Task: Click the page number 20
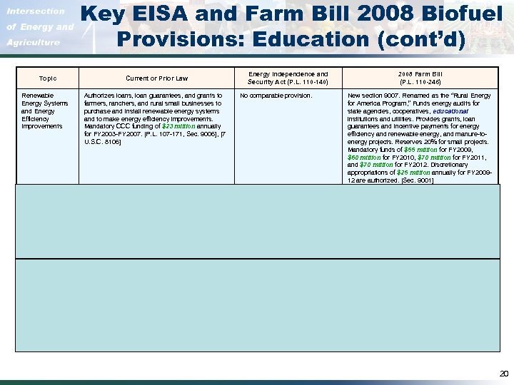[x=503, y=372]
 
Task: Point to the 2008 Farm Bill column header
[x=420, y=77]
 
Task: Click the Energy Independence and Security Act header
[x=288, y=77]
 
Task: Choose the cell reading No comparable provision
[x=276, y=95]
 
